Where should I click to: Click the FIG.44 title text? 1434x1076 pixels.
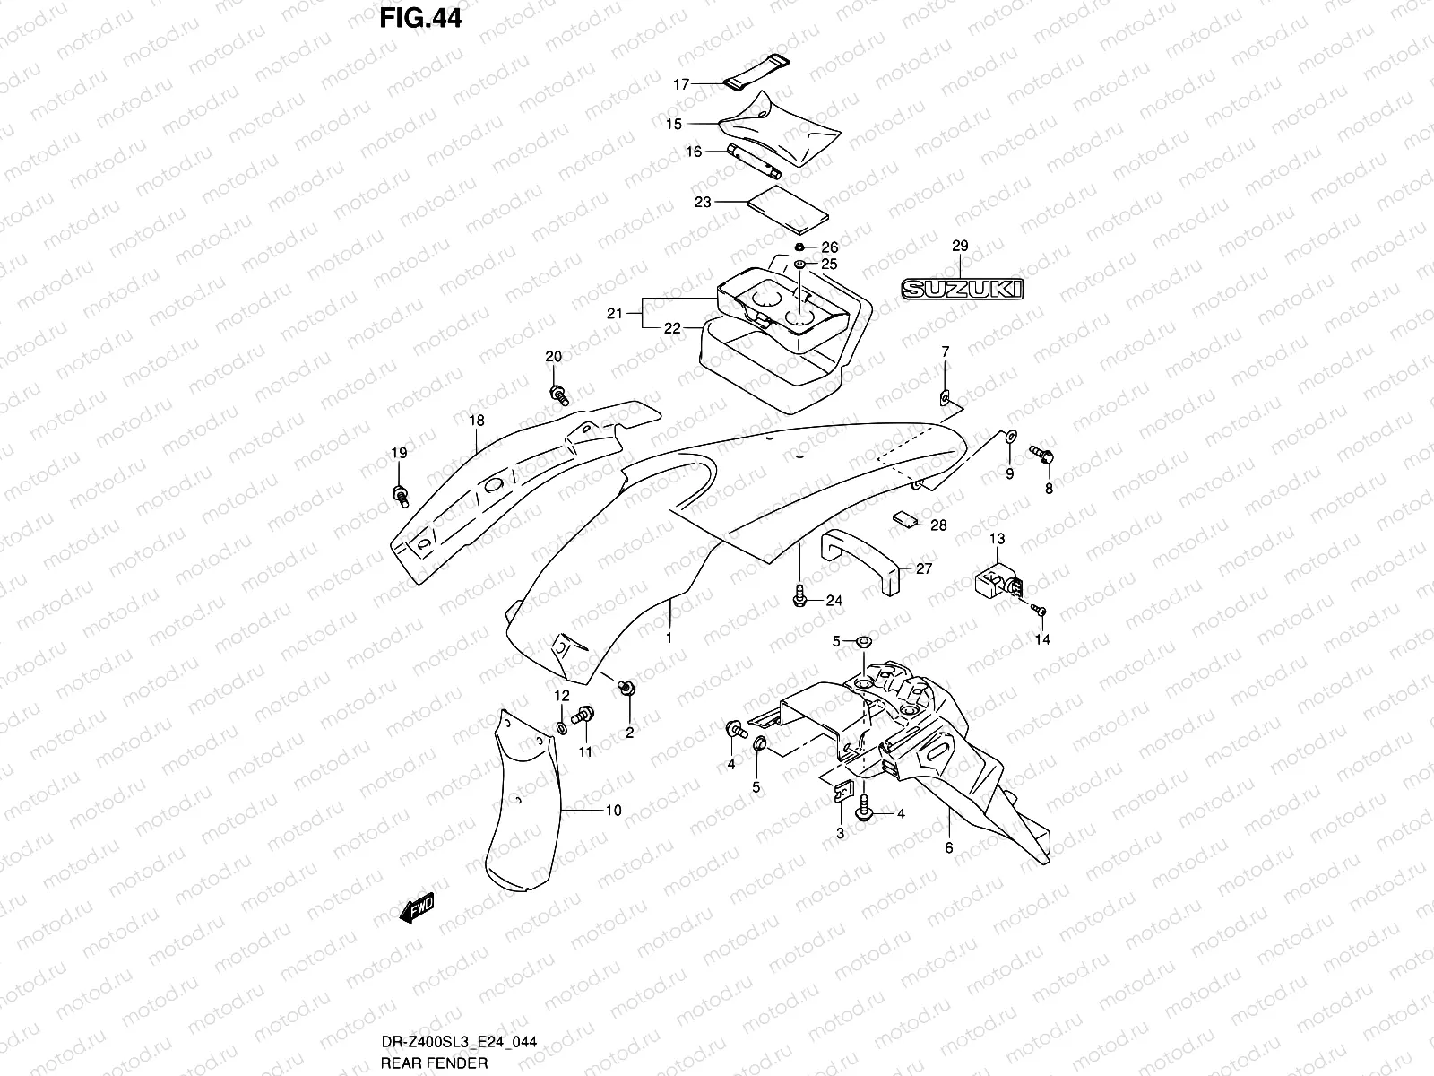419,17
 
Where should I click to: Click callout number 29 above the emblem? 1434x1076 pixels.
960,246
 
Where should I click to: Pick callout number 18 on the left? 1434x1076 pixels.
476,421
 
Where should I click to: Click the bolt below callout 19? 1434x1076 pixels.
400,492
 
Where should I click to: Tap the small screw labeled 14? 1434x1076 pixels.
1040,611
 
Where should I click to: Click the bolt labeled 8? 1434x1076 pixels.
1041,456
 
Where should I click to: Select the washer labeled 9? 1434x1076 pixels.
1008,437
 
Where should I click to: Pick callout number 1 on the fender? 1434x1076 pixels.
668,638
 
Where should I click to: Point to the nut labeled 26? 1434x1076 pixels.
799,247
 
